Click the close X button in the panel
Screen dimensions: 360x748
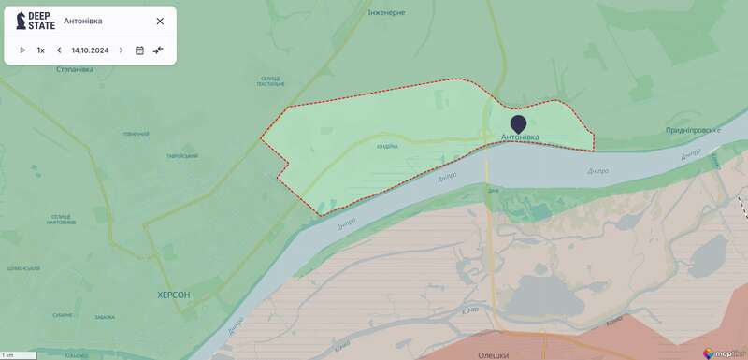tap(160, 21)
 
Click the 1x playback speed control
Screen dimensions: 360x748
tap(41, 50)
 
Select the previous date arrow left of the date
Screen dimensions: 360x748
tap(59, 50)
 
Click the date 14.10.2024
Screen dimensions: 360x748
tap(90, 50)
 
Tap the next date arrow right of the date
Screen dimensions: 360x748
tap(121, 50)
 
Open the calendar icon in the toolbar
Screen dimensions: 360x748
tap(139, 50)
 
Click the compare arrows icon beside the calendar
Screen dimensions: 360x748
tap(158, 50)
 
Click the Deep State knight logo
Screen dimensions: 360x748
tap(21, 21)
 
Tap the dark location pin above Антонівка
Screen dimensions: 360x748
tap(518, 123)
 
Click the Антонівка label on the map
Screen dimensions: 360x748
tap(520, 137)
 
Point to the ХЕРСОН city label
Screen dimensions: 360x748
tap(174, 295)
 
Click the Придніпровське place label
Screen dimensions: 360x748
tap(693, 130)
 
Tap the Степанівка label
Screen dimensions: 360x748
tap(74, 70)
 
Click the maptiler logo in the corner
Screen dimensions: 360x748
tap(725, 353)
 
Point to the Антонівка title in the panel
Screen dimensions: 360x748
tap(83, 21)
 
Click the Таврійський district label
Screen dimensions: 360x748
tap(182, 156)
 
